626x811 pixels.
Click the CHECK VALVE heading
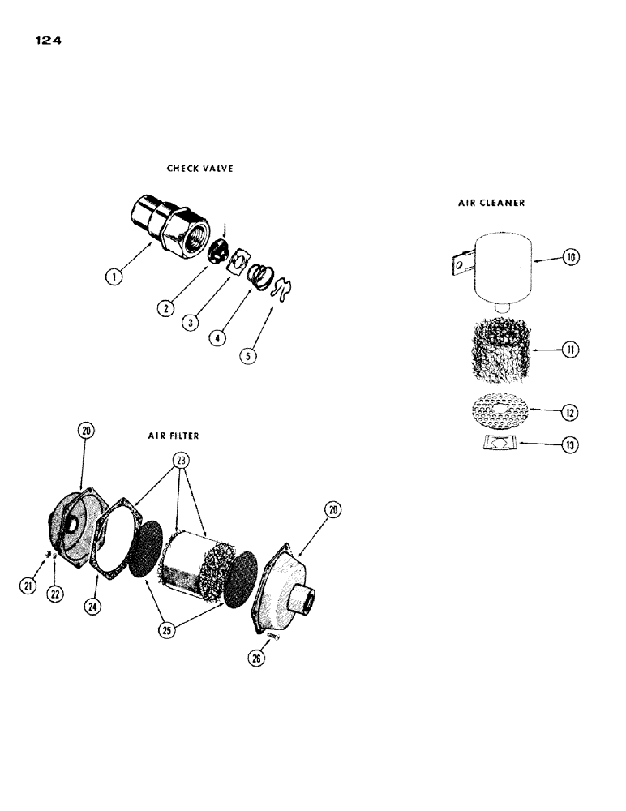tap(199, 169)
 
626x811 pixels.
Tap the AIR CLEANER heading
tap(491, 203)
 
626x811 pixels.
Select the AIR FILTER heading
tap(169, 436)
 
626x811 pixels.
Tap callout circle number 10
tap(570, 258)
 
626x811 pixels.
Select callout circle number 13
tap(570, 444)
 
